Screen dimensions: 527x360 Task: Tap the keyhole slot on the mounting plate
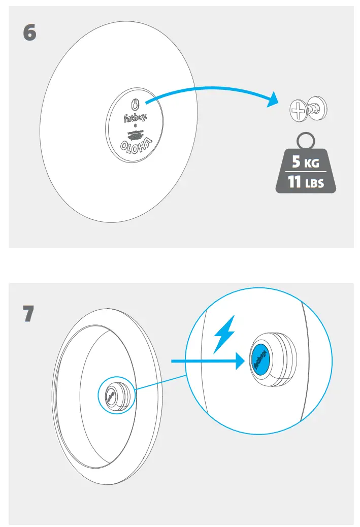(x=135, y=104)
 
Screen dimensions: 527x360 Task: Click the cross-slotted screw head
(x=297, y=109)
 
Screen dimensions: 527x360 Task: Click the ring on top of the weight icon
(x=306, y=140)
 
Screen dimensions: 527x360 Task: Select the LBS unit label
(x=314, y=183)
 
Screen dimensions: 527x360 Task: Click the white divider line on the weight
(x=306, y=173)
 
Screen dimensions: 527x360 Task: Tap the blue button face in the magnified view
(x=260, y=359)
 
